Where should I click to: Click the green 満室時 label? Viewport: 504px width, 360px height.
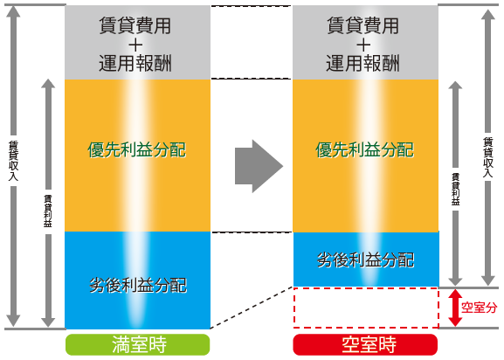137,344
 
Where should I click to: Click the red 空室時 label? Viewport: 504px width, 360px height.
365,344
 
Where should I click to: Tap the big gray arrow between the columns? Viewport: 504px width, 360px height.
259,166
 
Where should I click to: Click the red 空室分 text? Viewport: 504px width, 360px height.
479,308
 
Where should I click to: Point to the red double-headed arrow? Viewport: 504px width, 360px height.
455,308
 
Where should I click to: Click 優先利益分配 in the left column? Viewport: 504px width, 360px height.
136,149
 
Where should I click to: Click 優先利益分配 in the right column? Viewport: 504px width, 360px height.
364,149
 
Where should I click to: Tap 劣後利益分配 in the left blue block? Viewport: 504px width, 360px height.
138,285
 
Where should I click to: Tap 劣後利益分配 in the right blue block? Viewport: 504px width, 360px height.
365,260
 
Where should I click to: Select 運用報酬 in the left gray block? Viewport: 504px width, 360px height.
135,63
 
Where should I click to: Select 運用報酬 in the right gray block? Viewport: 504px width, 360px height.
362,63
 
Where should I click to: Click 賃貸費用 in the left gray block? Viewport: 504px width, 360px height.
135,25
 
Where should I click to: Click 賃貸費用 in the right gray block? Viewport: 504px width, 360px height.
362,25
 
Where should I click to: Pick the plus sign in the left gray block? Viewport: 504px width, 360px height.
135,45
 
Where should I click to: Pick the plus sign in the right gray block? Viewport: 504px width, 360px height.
363,45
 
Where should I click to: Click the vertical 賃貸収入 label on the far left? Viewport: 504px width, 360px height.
13,161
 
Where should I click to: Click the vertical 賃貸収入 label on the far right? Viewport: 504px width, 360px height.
488,157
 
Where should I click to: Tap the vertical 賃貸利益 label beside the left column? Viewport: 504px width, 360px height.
48,211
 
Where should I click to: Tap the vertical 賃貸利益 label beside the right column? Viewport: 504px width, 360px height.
455,190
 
